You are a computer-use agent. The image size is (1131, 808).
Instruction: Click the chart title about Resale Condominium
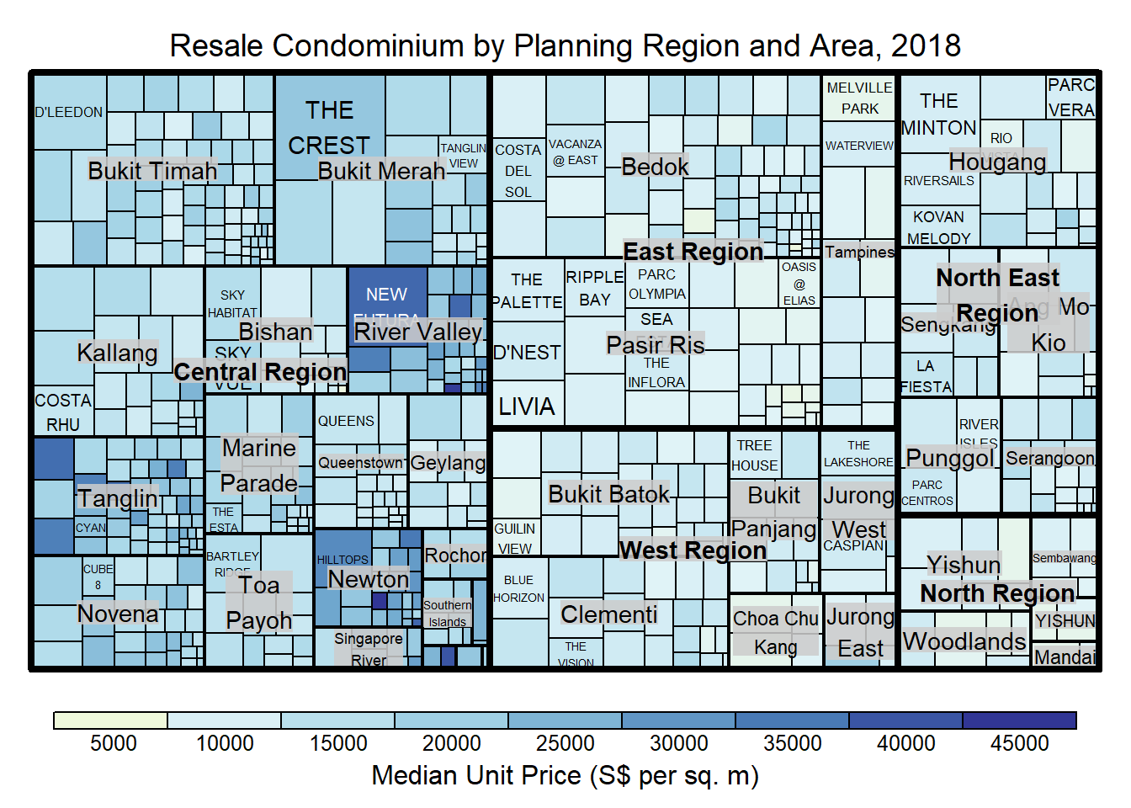565,45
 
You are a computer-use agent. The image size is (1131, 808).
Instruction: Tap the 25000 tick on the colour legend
565,743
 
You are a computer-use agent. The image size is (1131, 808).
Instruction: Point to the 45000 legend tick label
1019,743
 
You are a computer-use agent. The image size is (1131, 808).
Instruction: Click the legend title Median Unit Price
565,775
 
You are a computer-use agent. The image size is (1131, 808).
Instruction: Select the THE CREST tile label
329,128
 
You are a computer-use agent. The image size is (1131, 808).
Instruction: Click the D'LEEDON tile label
69,112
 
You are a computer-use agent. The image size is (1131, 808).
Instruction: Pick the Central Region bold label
260,371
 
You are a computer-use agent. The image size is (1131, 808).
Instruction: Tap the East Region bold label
693,252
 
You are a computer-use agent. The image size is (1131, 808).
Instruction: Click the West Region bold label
693,550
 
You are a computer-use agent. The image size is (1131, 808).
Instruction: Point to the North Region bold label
997,593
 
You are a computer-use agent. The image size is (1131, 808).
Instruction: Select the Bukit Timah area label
152,171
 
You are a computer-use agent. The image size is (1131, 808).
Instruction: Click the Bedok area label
655,167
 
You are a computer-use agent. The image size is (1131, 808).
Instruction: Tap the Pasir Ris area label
656,344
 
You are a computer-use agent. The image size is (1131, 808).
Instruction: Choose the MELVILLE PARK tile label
859,98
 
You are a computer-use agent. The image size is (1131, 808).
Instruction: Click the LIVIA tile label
527,407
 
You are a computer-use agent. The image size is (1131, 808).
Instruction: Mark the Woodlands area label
964,641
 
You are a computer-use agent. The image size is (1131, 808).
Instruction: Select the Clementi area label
609,614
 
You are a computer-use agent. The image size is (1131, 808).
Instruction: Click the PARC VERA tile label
1071,98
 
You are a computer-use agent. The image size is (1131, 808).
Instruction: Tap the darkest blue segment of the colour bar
1019,720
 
